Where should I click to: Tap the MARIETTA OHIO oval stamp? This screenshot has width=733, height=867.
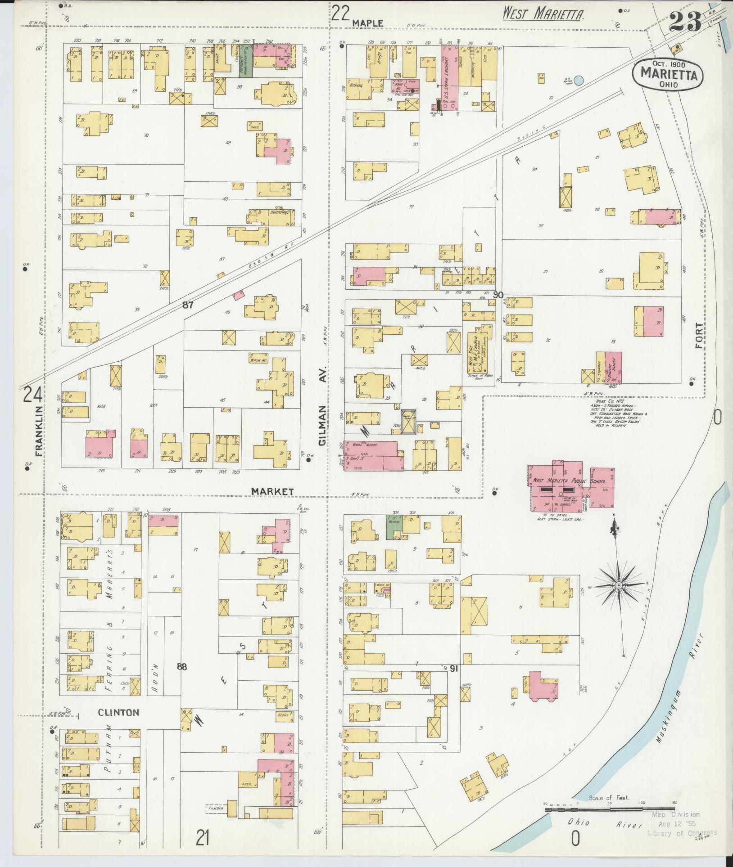667,76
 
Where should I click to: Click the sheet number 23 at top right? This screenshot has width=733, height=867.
685,20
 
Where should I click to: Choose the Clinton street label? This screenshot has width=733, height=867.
118,712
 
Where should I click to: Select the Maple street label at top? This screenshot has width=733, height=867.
367,22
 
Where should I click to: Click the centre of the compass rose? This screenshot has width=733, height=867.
619,584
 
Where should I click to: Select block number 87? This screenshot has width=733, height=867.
188,305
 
